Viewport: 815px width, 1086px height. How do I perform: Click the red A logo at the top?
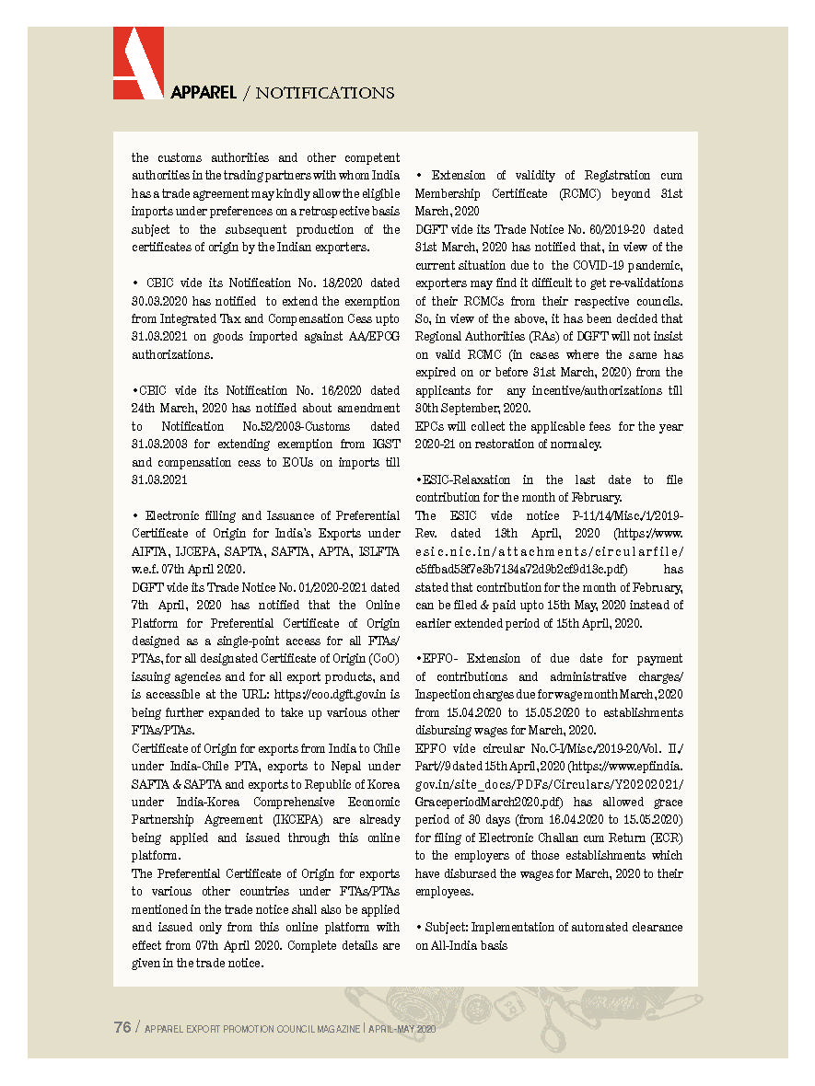click(138, 63)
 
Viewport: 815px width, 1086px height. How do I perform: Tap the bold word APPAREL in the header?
click(204, 93)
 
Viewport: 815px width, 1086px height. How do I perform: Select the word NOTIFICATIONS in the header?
click(325, 93)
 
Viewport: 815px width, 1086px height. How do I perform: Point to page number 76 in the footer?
click(122, 1028)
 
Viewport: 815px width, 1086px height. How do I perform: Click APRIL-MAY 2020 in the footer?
click(402, 1029)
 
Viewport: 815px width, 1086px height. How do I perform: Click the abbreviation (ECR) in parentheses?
click(661, 838)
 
